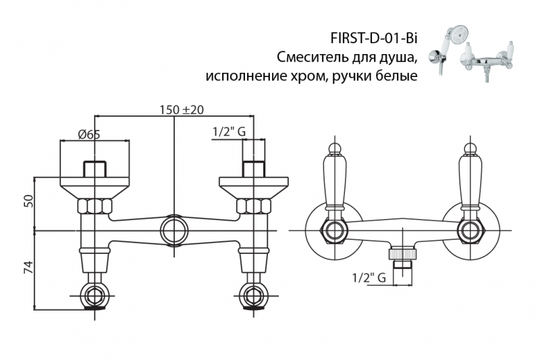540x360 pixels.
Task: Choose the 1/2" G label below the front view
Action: click(369, 278)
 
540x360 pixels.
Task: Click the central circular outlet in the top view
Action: click(174, 230)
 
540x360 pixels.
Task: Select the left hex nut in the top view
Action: click(94, 207)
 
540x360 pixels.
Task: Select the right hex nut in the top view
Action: click(253, 207)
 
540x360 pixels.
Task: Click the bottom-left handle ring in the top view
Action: click(94, 294)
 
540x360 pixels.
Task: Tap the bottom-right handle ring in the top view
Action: click(253, 294)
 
